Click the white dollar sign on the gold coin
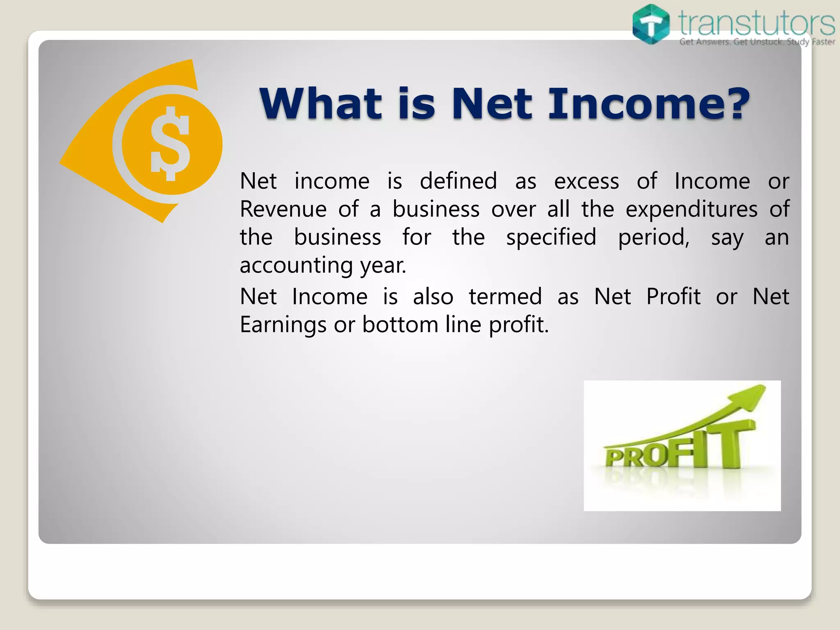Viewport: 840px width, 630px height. (x=170, y=144)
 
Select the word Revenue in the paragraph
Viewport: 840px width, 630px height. (x=283, y=209)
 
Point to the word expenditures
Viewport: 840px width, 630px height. (x=692, y=209)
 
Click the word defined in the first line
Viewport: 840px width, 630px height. (x=458, y=181)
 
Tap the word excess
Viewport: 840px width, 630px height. (x=587, y=182)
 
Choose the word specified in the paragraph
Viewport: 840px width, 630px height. (x=551, y=237)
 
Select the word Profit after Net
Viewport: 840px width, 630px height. (x=673, y=297)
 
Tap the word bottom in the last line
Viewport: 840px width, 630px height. (x=400, y=324)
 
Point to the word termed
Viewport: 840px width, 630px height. (x=505, y=297)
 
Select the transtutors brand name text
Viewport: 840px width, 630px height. (x=756, y=23)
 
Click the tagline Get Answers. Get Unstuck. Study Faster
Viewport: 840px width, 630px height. (x=757, y=42)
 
